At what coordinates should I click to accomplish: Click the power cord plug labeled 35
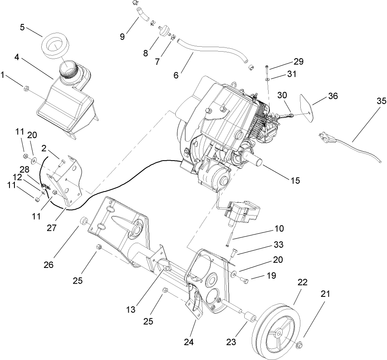326,138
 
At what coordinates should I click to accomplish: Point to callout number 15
295,180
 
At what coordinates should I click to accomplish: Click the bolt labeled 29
268,66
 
